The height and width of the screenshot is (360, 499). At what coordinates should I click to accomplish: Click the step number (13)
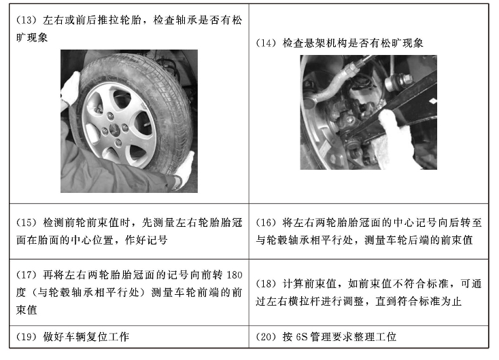[27, 20]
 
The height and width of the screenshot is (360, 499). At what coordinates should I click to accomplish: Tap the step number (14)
[266, 43]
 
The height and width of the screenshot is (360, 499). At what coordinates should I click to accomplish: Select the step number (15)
[27, 223]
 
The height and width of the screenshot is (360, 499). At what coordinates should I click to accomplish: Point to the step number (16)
[266, 223]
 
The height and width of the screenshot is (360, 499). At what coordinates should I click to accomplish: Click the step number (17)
[27, 275]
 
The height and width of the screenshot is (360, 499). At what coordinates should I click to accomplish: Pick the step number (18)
[266, 284]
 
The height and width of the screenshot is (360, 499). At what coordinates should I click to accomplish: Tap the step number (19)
[27, 337]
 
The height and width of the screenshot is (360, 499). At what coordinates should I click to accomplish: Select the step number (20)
[266, 337]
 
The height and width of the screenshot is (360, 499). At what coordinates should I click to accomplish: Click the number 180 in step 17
[235, 275]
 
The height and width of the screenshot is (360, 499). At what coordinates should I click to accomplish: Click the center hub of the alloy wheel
[114, 129]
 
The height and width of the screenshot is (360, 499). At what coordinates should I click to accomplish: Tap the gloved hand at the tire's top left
[70, 90]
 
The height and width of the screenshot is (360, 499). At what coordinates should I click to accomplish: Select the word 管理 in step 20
[320, 337]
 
